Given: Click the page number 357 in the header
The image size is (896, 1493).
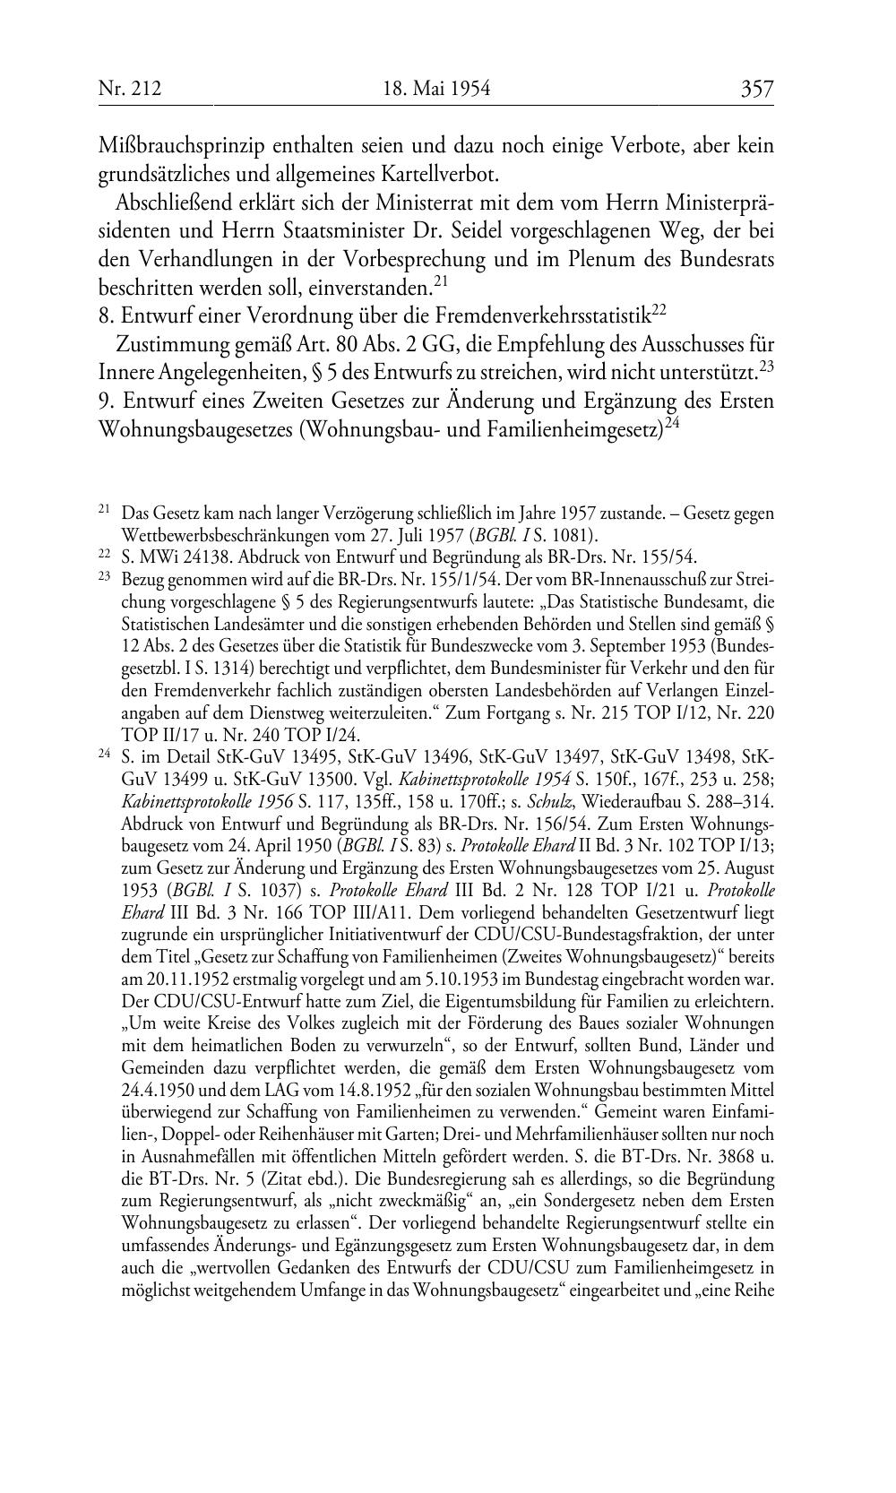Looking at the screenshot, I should [756, 89].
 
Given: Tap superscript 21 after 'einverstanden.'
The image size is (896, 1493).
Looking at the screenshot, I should [440, 282].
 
